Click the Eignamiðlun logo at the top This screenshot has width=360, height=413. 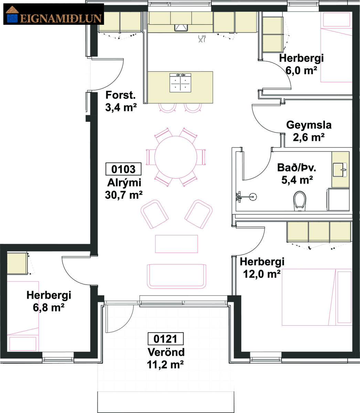tap(53, 14)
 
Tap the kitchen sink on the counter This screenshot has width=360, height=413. tap(181, 28)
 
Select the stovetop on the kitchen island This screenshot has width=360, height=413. tap(180, 83)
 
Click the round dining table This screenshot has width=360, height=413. tap(176, 157)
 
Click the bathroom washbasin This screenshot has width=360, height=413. tap(340, 170)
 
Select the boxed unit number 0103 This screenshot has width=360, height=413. tap(123, 169)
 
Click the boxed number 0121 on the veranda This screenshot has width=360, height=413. tap(166, 339)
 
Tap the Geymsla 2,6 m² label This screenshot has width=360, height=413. tap(309, 131)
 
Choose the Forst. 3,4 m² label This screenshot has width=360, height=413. tap(121, 101)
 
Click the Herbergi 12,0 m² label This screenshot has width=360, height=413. tap(262, 268)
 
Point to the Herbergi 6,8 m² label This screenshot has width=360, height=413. tap(49, 301)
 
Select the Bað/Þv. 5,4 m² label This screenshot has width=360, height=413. tap(297, 174)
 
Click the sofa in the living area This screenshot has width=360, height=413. tap(176, 276)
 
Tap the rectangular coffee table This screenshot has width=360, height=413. tap(176, 244)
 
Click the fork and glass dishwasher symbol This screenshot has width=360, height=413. tap(202, 38)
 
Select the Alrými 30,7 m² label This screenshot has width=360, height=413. tap(124, 189)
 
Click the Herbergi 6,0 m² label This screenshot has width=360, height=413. tap(301, 64)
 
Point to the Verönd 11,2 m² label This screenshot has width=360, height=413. tap(166, 359)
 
